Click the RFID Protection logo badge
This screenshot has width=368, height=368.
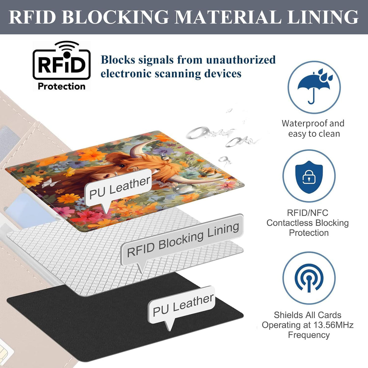(62, 66)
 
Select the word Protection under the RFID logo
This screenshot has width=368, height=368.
(62, 86)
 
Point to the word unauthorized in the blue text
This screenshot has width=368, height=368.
(241, 60)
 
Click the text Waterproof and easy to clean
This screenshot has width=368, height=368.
(313, 128)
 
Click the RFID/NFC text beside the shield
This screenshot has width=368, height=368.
(308, 213)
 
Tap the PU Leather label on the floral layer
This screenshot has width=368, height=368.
(119, 188)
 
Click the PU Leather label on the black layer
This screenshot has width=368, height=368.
(183, 305)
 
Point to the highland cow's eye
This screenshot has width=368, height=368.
(121, 166)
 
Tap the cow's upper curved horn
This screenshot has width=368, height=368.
(142, 148)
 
